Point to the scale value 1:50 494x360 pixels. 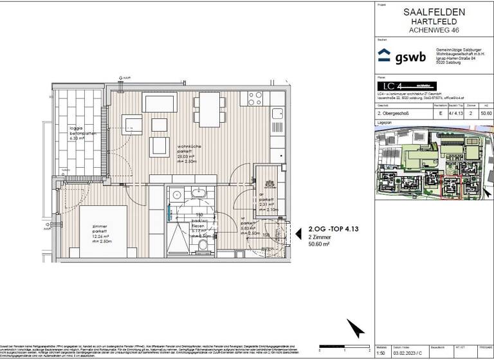(x=380, y=352)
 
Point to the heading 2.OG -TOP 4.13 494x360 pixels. (x=333, y=229)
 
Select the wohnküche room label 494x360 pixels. (x=190, y=148)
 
